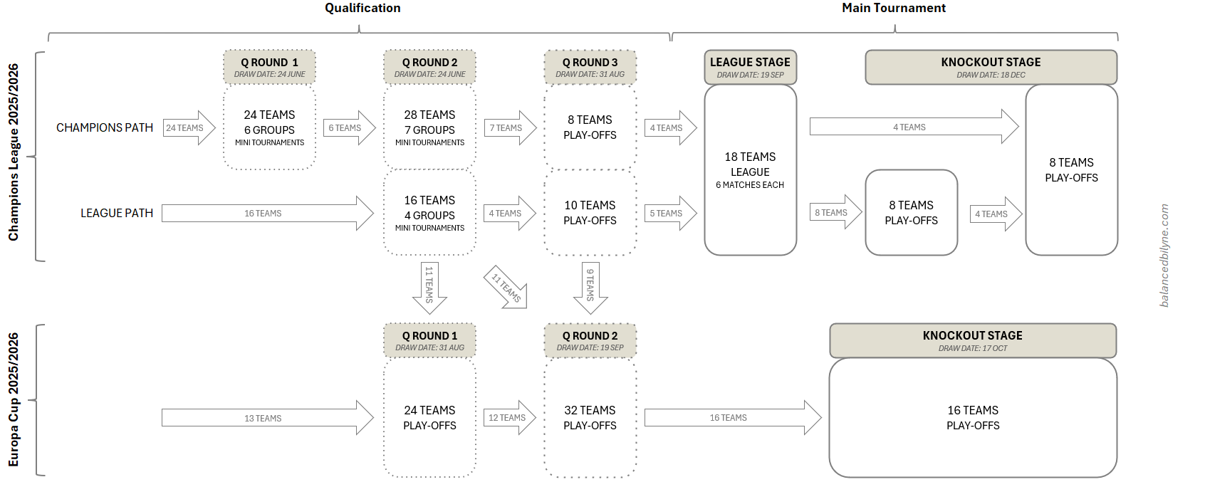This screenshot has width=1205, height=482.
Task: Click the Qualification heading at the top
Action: click(x=362, y=9)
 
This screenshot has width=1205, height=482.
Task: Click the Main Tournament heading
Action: click(x=893, y=9)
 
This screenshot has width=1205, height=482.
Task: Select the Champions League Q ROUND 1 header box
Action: click(x=269, y=67)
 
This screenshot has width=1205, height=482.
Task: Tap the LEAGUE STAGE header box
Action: click(x=750, y=67)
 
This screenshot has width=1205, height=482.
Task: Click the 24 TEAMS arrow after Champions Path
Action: click(x=188, y=128)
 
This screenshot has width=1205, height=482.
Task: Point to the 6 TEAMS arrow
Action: click(x=348, y=128)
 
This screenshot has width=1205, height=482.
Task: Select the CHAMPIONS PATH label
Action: click(x=105, y=128)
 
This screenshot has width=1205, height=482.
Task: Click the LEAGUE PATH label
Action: click(x=117, y=214)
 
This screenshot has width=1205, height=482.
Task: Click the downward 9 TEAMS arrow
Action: click(x=590, y=286)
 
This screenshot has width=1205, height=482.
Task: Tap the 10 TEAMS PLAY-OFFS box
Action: click(x=590, y=213)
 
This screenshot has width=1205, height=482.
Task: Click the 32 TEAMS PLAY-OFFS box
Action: click(x=590, y=418)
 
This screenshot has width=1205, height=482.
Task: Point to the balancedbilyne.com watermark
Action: click(x=1164, y=256)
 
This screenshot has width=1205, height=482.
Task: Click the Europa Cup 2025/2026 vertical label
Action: click(x=14, y=399)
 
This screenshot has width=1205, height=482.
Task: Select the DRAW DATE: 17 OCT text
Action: click(x=972, y=348)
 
